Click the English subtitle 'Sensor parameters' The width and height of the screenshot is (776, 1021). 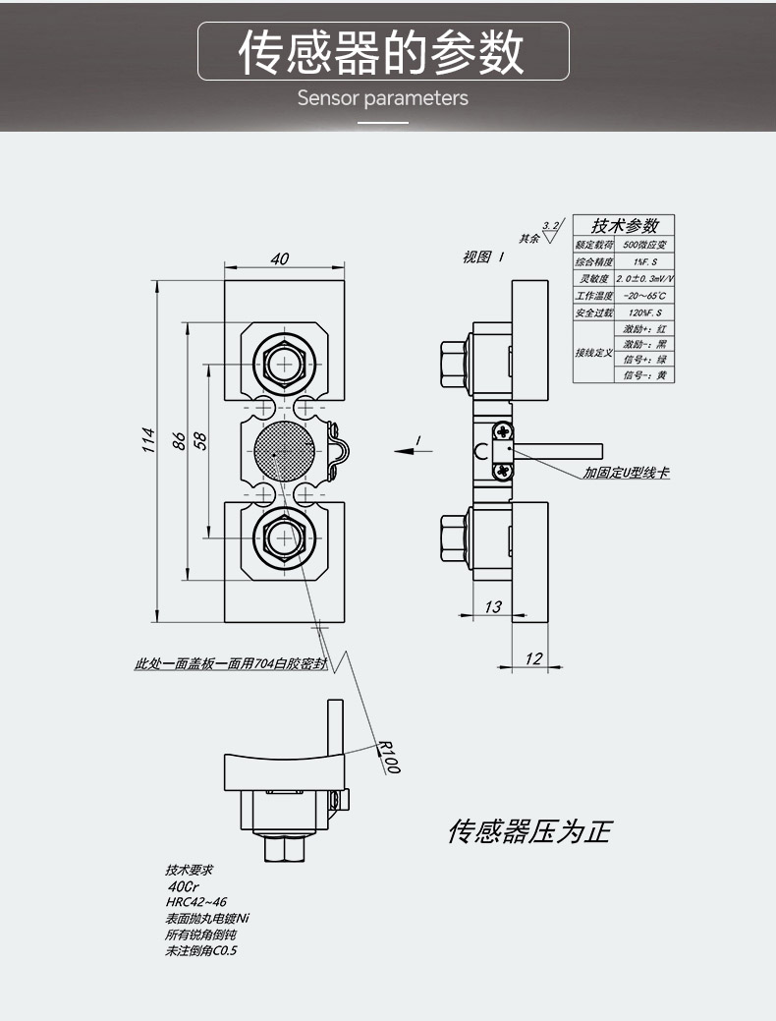pyautogui.click(x=382, y=98)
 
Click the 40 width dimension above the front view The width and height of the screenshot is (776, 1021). pyautogui.click(x=280, y=258)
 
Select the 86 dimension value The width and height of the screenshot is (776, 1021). pyautogui.click(x=179, y=441)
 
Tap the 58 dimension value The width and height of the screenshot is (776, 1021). pyautogui.click(x=200, y=441)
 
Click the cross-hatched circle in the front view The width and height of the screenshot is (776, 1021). pyautogui.click(x=285, y=451)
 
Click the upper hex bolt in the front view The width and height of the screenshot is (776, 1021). pyautogui.click(x=285, y=364)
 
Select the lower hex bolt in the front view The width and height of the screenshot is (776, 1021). pyautogui.click(x=285, y=538)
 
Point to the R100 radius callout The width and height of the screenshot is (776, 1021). pyautogui.click(x=387, y=756)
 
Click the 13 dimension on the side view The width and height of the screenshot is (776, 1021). pyautogui.click(x=493, y=607)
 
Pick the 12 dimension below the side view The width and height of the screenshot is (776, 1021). pyautogui.click(x=532, y=658)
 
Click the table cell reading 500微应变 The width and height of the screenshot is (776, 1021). pyautogui.click(x=645, y=245)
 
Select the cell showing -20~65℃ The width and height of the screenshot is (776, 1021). pyautogui.click(x=645, y=296)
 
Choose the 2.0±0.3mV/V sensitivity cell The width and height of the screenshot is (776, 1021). pyautogui.click(x=645, y=279)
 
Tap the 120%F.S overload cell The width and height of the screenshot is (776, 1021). pyautogui.click(x=645, y=312)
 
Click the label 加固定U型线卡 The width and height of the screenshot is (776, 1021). pyautogui.click(x=626, y=473)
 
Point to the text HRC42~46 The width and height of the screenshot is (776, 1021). pyautogui.click(x=196, y=901)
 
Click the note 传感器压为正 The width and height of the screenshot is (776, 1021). pyautogui.click(x=528, y=832)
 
